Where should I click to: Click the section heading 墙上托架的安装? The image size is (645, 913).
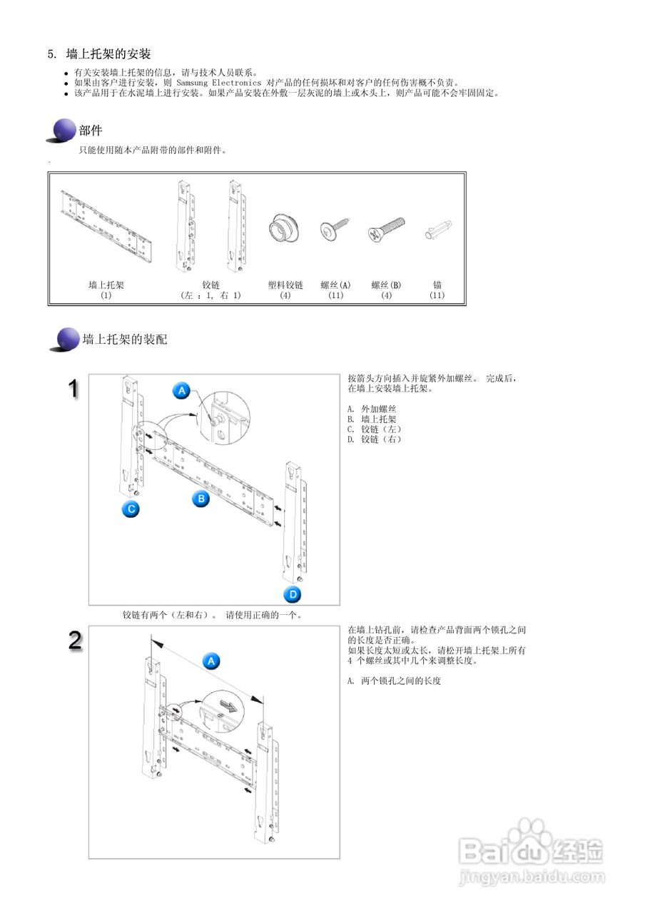point(108,54)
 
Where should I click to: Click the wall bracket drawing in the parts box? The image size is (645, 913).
point(106,228)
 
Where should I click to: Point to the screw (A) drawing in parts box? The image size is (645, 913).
point(333,228)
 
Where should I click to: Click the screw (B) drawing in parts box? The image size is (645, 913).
point(386,230)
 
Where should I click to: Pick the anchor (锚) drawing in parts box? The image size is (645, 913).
point(437,231)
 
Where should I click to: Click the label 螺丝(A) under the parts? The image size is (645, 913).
point(335,285)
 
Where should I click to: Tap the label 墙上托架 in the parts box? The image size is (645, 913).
point(106,285)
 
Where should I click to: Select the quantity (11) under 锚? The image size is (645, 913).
point(437,295)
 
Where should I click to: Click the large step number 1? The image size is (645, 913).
point(73,389)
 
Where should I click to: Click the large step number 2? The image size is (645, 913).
point(75,640)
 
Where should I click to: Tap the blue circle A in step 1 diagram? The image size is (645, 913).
point(182,391)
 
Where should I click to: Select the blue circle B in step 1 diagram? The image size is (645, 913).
point(201,499)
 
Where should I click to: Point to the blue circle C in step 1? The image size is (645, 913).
point(129,509)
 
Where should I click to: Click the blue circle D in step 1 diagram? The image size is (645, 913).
point(293,594)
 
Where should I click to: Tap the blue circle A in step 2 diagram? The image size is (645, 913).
point(210,661)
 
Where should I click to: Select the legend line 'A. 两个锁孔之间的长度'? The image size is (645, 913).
point(394,680)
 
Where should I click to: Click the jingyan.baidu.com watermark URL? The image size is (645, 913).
point(532,875)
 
